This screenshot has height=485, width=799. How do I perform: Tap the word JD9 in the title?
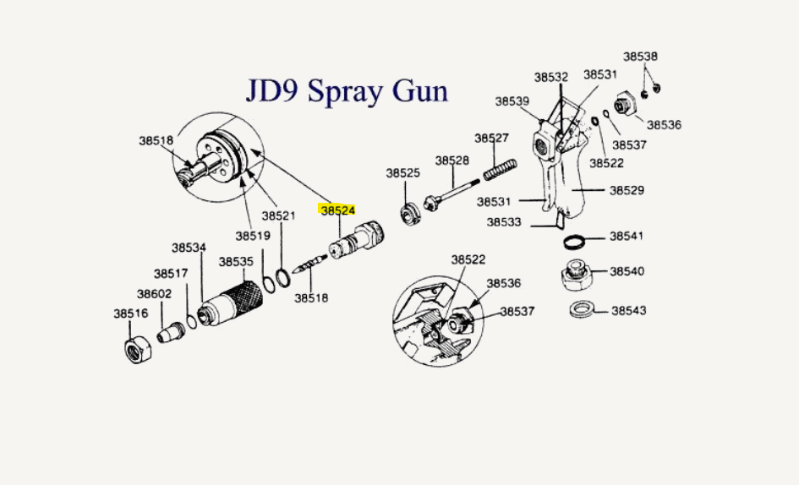(272, 90)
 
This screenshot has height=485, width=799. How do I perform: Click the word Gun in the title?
(419, 90)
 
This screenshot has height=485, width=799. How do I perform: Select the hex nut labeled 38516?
(137, 346)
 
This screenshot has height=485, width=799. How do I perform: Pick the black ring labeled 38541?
(575, 242)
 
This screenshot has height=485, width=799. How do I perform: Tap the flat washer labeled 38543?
(580, 309)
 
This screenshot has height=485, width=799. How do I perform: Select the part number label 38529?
(627, 190)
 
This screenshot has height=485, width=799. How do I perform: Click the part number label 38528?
(452, 161)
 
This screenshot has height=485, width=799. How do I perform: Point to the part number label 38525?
(403, 172)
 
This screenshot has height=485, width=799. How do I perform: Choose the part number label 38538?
(640, 57)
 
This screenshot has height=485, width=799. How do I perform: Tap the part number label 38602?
(155, 294)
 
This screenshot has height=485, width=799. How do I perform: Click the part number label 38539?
(512, 101)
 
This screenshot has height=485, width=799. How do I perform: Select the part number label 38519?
(252, 236)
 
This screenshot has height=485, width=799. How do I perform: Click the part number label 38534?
(189, 248)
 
